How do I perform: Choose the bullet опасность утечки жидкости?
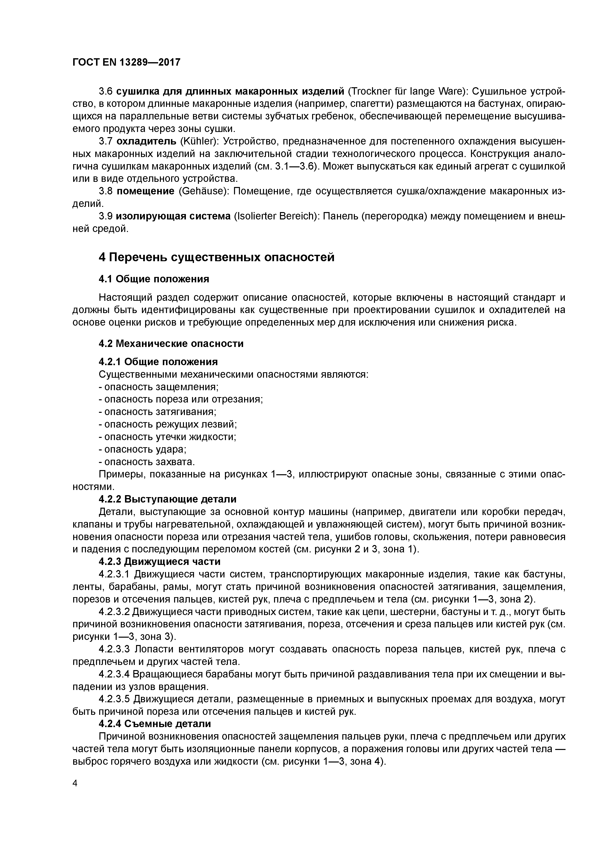(168, 437)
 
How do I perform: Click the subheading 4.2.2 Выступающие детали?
(167, 499)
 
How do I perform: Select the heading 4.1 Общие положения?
(154, 279)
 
